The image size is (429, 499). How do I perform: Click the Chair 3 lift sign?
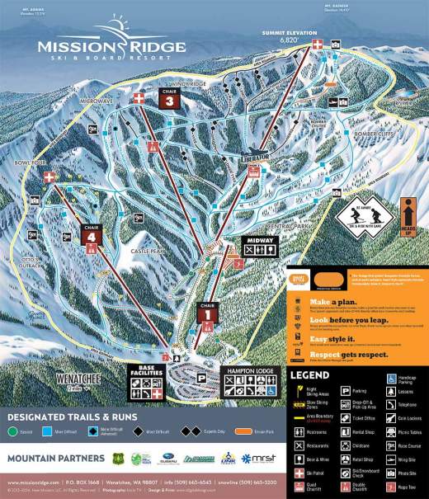pos(169,101)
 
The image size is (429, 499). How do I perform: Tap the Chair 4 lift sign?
pos(92,235)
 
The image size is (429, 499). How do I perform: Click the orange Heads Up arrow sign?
pos(407,217)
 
